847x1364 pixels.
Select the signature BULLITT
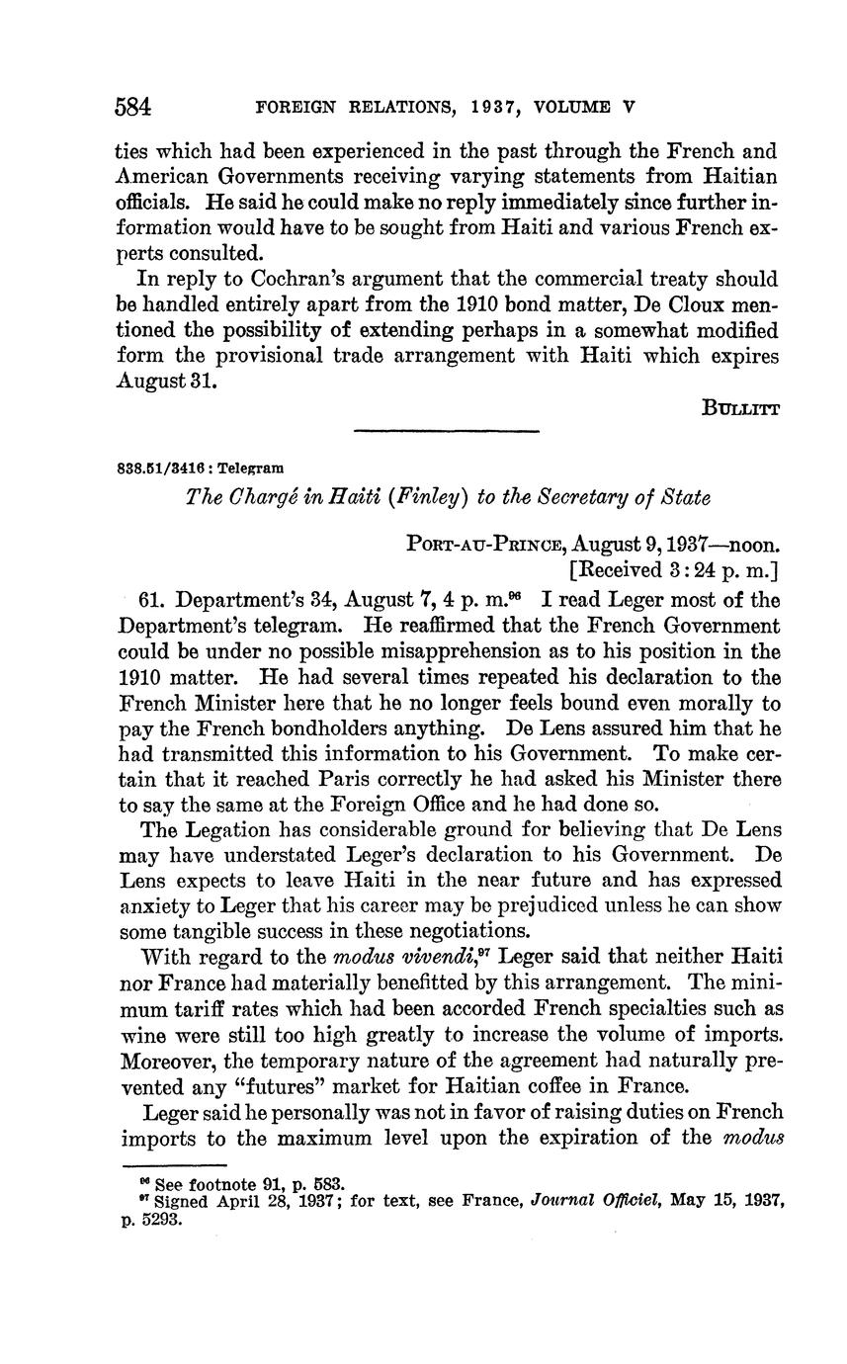(x=741, y=408)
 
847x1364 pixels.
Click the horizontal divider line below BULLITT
(x=446, y=431)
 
